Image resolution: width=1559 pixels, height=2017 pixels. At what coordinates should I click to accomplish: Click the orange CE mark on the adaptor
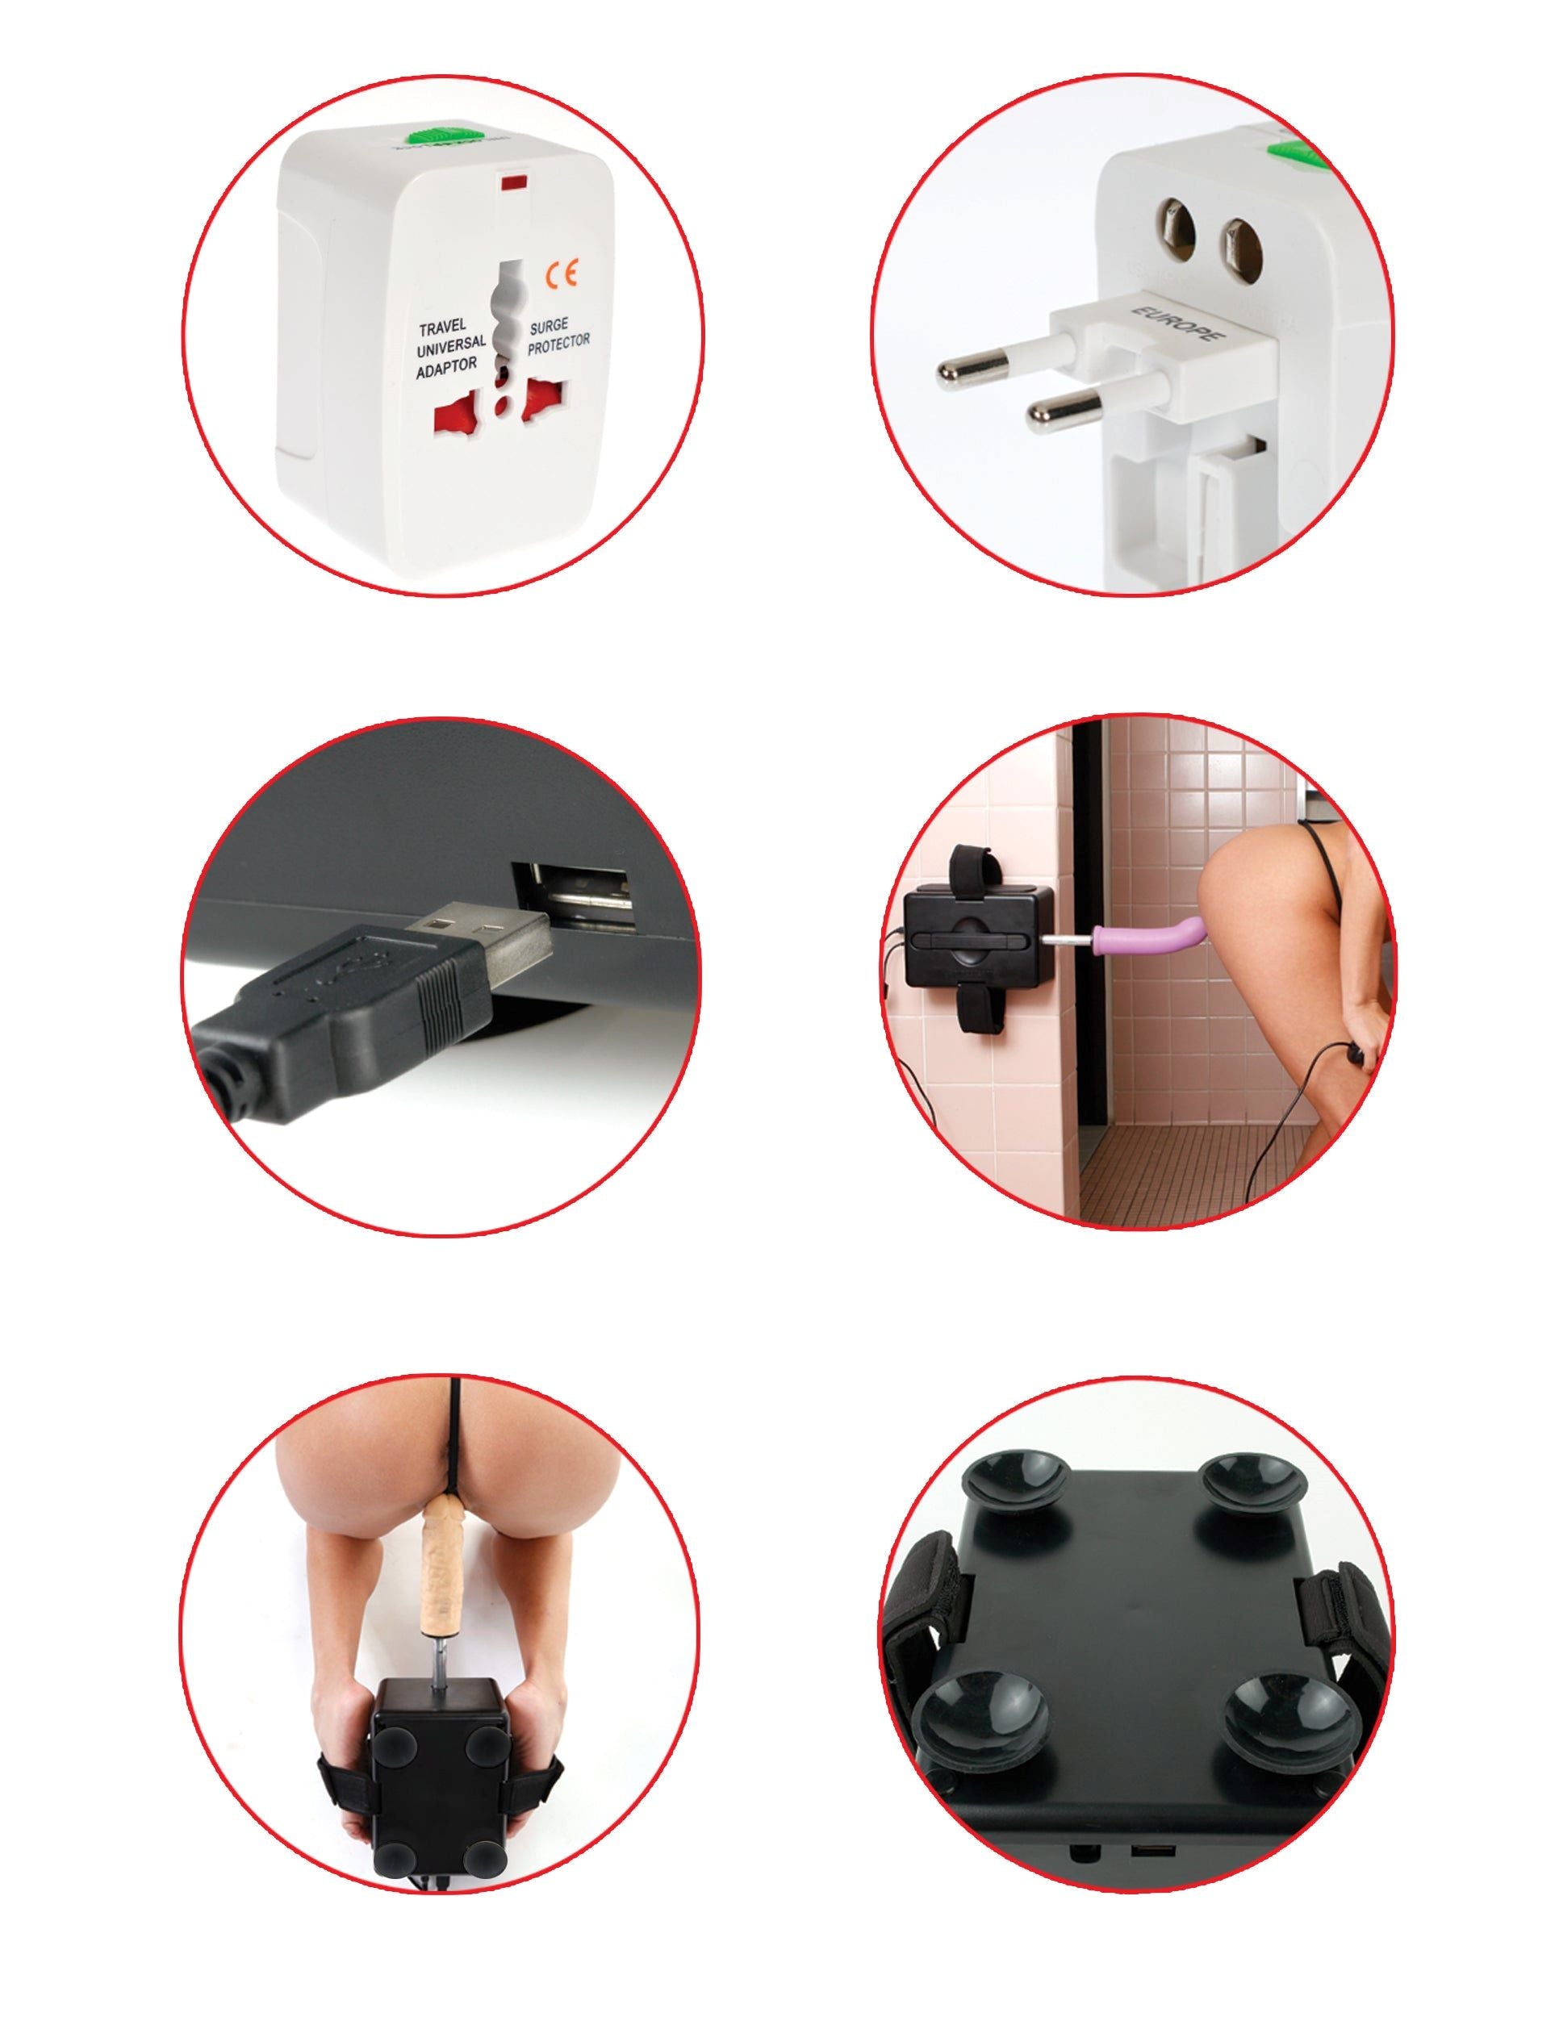(562, 274)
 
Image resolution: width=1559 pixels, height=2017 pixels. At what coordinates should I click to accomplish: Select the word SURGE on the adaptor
(549, 326)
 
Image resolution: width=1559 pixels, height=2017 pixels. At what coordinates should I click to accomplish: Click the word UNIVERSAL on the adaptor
(451, 345)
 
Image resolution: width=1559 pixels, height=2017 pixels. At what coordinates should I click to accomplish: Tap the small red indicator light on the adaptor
(510, 183)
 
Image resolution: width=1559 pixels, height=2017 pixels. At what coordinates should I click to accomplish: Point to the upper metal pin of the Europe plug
(976, 368)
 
